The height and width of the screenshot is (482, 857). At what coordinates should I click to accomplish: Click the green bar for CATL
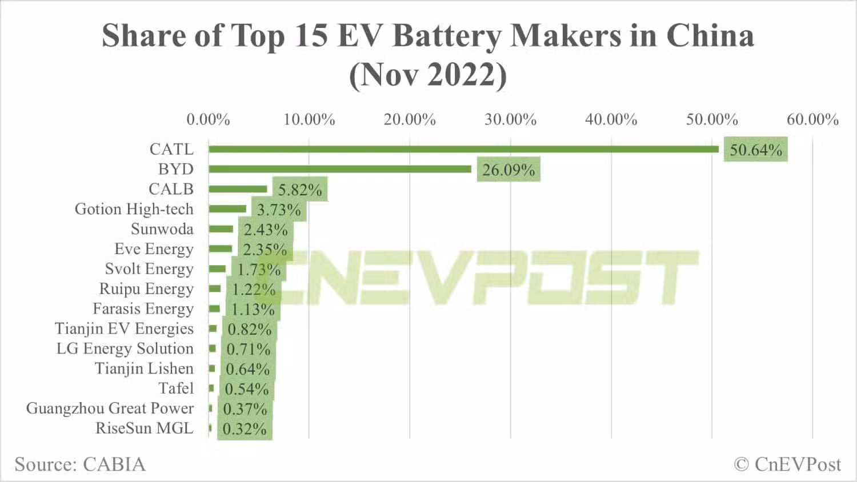[463, 149]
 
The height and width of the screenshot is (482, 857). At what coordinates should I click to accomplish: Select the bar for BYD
[340, 169]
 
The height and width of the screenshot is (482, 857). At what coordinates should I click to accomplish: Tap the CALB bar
[238, 189]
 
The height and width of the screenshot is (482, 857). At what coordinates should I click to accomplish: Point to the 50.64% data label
[755, 150]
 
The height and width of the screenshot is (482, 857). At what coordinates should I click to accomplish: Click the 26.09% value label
[508, 170]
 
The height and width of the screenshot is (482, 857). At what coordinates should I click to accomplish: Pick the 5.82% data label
[300, 190]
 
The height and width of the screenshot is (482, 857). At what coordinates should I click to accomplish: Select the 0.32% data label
[245, 429]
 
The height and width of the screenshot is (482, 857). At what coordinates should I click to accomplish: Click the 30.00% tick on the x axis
[510, 119]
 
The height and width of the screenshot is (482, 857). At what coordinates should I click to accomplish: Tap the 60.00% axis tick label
[812, 119]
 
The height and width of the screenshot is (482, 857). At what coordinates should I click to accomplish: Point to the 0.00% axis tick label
[208, 119]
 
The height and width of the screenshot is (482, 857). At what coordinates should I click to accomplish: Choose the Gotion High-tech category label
[134, 209]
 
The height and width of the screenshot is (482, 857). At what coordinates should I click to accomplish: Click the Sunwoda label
[162, 229]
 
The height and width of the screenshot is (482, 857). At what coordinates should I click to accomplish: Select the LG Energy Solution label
[125, 348]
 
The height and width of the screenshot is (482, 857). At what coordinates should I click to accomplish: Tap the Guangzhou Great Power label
[110, 408]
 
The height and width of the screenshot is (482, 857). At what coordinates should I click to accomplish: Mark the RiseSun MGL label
[144, 428]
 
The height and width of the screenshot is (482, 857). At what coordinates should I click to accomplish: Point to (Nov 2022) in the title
[428, 75]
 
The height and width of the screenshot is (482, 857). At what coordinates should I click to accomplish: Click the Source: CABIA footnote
[80, 464]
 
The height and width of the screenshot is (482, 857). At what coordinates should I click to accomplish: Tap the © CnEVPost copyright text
[787, 464]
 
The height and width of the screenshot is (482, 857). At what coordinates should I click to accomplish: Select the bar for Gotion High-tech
[227, 209]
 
